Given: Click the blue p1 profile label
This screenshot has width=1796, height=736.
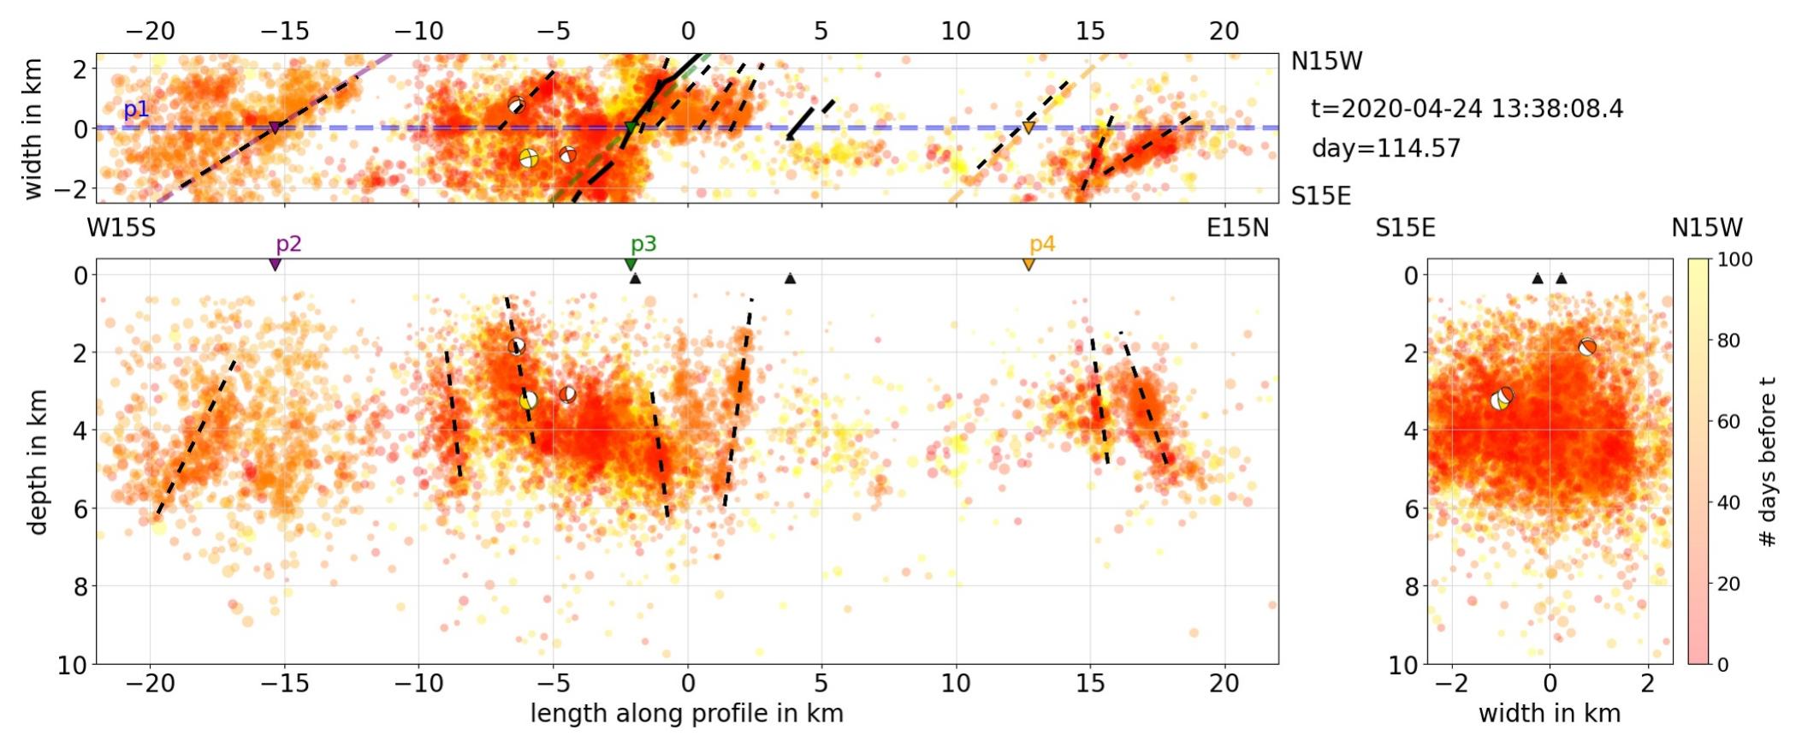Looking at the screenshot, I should click(x=136, y=110).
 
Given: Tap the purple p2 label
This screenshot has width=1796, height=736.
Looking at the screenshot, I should click(x=288, y=244).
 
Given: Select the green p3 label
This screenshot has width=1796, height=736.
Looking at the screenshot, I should click(x=643, y=244).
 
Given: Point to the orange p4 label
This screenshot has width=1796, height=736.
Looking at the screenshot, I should click(x=1041, y=244).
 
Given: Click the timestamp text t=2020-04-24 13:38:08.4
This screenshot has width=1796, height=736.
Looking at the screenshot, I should click(x=1467, y=109).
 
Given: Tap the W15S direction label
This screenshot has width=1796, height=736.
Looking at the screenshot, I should click(x=121, y=229).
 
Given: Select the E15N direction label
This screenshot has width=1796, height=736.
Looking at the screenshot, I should click(x=1237, y=229).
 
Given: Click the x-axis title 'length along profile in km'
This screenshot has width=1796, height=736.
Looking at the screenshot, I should click(x=686, y=714).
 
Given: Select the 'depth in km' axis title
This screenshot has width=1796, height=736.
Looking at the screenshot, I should click(x=37, y=462).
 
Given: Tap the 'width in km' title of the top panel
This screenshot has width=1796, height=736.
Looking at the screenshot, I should click(x=33, y=128).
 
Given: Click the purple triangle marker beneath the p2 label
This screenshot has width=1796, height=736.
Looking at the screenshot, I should click(x=275, y=264).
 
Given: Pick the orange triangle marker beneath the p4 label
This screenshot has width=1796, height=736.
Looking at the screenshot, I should click(x=1028, y=264).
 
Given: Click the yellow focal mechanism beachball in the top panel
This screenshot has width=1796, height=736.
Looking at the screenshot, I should click(x=529, y=158).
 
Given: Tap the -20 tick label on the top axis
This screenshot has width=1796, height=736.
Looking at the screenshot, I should click(x=151, y=31).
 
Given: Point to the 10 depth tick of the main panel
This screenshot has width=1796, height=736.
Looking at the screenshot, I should click(x=72, y=665).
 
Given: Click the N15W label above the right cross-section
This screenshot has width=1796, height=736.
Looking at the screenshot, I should click(x=1706, y=229).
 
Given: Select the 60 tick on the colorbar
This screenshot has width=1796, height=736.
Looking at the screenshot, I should click(x=1728, y=421).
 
